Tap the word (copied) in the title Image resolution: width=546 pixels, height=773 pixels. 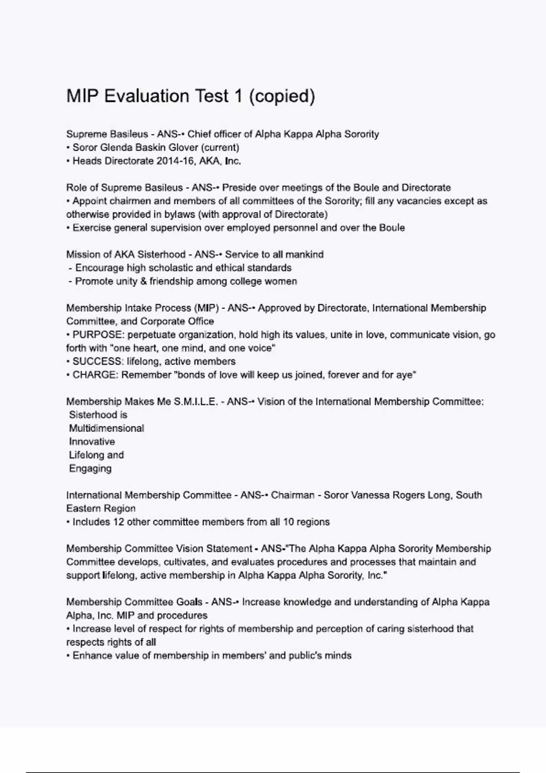coord(282,96)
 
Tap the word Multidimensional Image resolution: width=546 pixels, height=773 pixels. coord(106,428)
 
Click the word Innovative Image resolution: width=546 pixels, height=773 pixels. coord(92,442)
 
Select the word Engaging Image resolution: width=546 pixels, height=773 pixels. coord(90,469)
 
